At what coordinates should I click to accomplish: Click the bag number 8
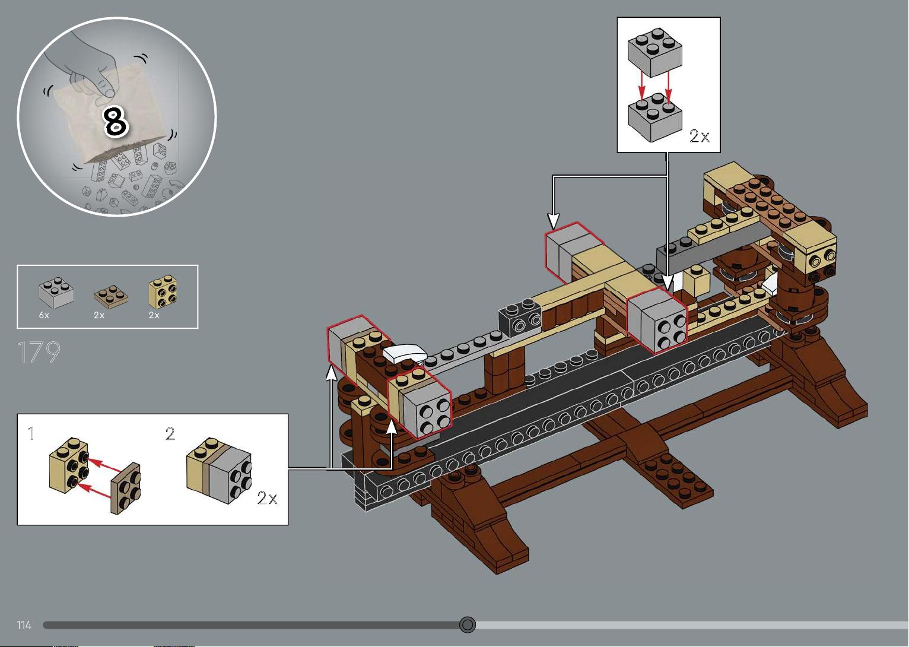coord(116,121)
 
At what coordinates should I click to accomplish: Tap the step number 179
coord(39,352)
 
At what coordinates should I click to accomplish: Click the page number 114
coord(24,625)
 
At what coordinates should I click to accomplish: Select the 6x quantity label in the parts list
coord(44,315)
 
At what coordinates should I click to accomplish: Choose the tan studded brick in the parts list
coord(163,291)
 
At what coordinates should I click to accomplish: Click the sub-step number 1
coord(31,433)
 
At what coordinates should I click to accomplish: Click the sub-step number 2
coord(170,433)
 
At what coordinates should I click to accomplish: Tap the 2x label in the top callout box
coord(700,136)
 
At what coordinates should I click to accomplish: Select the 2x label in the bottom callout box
coord(268,497)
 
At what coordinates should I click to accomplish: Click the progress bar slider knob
coord(468,624)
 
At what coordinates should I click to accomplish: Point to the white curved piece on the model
coord(404,354)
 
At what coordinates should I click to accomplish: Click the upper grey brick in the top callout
coord(654,52)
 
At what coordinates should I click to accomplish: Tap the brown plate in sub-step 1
coord(126,489)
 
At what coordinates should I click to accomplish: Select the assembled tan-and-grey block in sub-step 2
coord(219,470)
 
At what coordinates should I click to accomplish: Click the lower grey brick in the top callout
coord(654,118)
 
